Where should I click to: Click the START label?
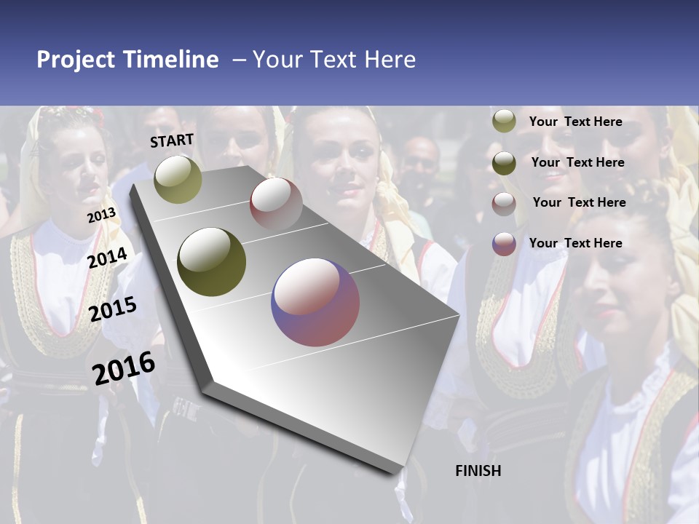click(172, 140)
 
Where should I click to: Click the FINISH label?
click(478, 471)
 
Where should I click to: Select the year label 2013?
click(101, 215)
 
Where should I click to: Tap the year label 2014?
click(107, 258)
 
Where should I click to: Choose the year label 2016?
click(124, 368)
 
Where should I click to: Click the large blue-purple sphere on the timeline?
click(315, 302)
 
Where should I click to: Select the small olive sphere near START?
click(178, 179)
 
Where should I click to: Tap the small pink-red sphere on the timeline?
click(276, 204)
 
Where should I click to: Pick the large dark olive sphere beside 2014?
click(211, 262)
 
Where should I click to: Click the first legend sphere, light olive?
click(504, 122)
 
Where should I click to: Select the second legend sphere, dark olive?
click(504, 163)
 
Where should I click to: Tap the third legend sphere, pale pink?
click(504, 204)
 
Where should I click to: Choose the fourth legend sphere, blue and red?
click(504, 244)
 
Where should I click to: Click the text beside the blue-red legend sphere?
click(575, 243)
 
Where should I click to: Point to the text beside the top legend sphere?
click(575, 122)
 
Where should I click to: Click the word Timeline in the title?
click(170, 60)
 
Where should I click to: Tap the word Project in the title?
click(76, 60)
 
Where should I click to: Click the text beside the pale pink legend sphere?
click(579, 202)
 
